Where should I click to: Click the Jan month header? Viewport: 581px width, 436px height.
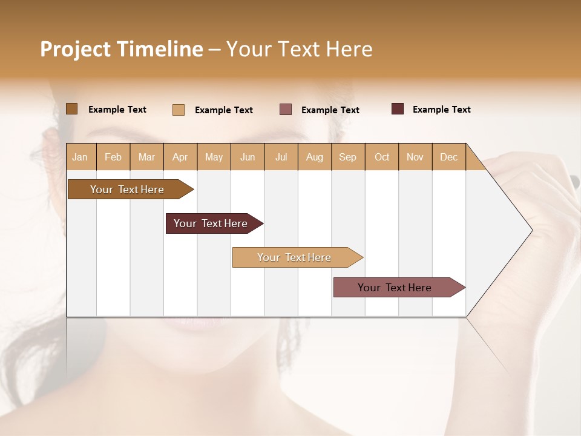(80, 157)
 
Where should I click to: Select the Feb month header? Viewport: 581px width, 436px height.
(113, 157)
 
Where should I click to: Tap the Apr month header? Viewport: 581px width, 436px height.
(180, 157)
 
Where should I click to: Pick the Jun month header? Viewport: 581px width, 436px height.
(248, 157)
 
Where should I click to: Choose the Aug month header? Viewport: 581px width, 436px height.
(315, 157)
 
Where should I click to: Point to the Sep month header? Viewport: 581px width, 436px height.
(347, 157)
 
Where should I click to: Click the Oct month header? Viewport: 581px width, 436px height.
(382, 157)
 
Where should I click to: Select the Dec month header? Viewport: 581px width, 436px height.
(448, 157)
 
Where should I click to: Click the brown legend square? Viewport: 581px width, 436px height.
(71, 109)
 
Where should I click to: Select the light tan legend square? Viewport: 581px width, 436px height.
(179, 110)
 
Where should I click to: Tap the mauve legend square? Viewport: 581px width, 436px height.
(286, 109)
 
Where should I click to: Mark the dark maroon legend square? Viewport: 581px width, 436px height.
(398, 109)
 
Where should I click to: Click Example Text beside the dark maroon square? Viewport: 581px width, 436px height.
(441, 110)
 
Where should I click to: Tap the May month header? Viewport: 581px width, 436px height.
(214, 157)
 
